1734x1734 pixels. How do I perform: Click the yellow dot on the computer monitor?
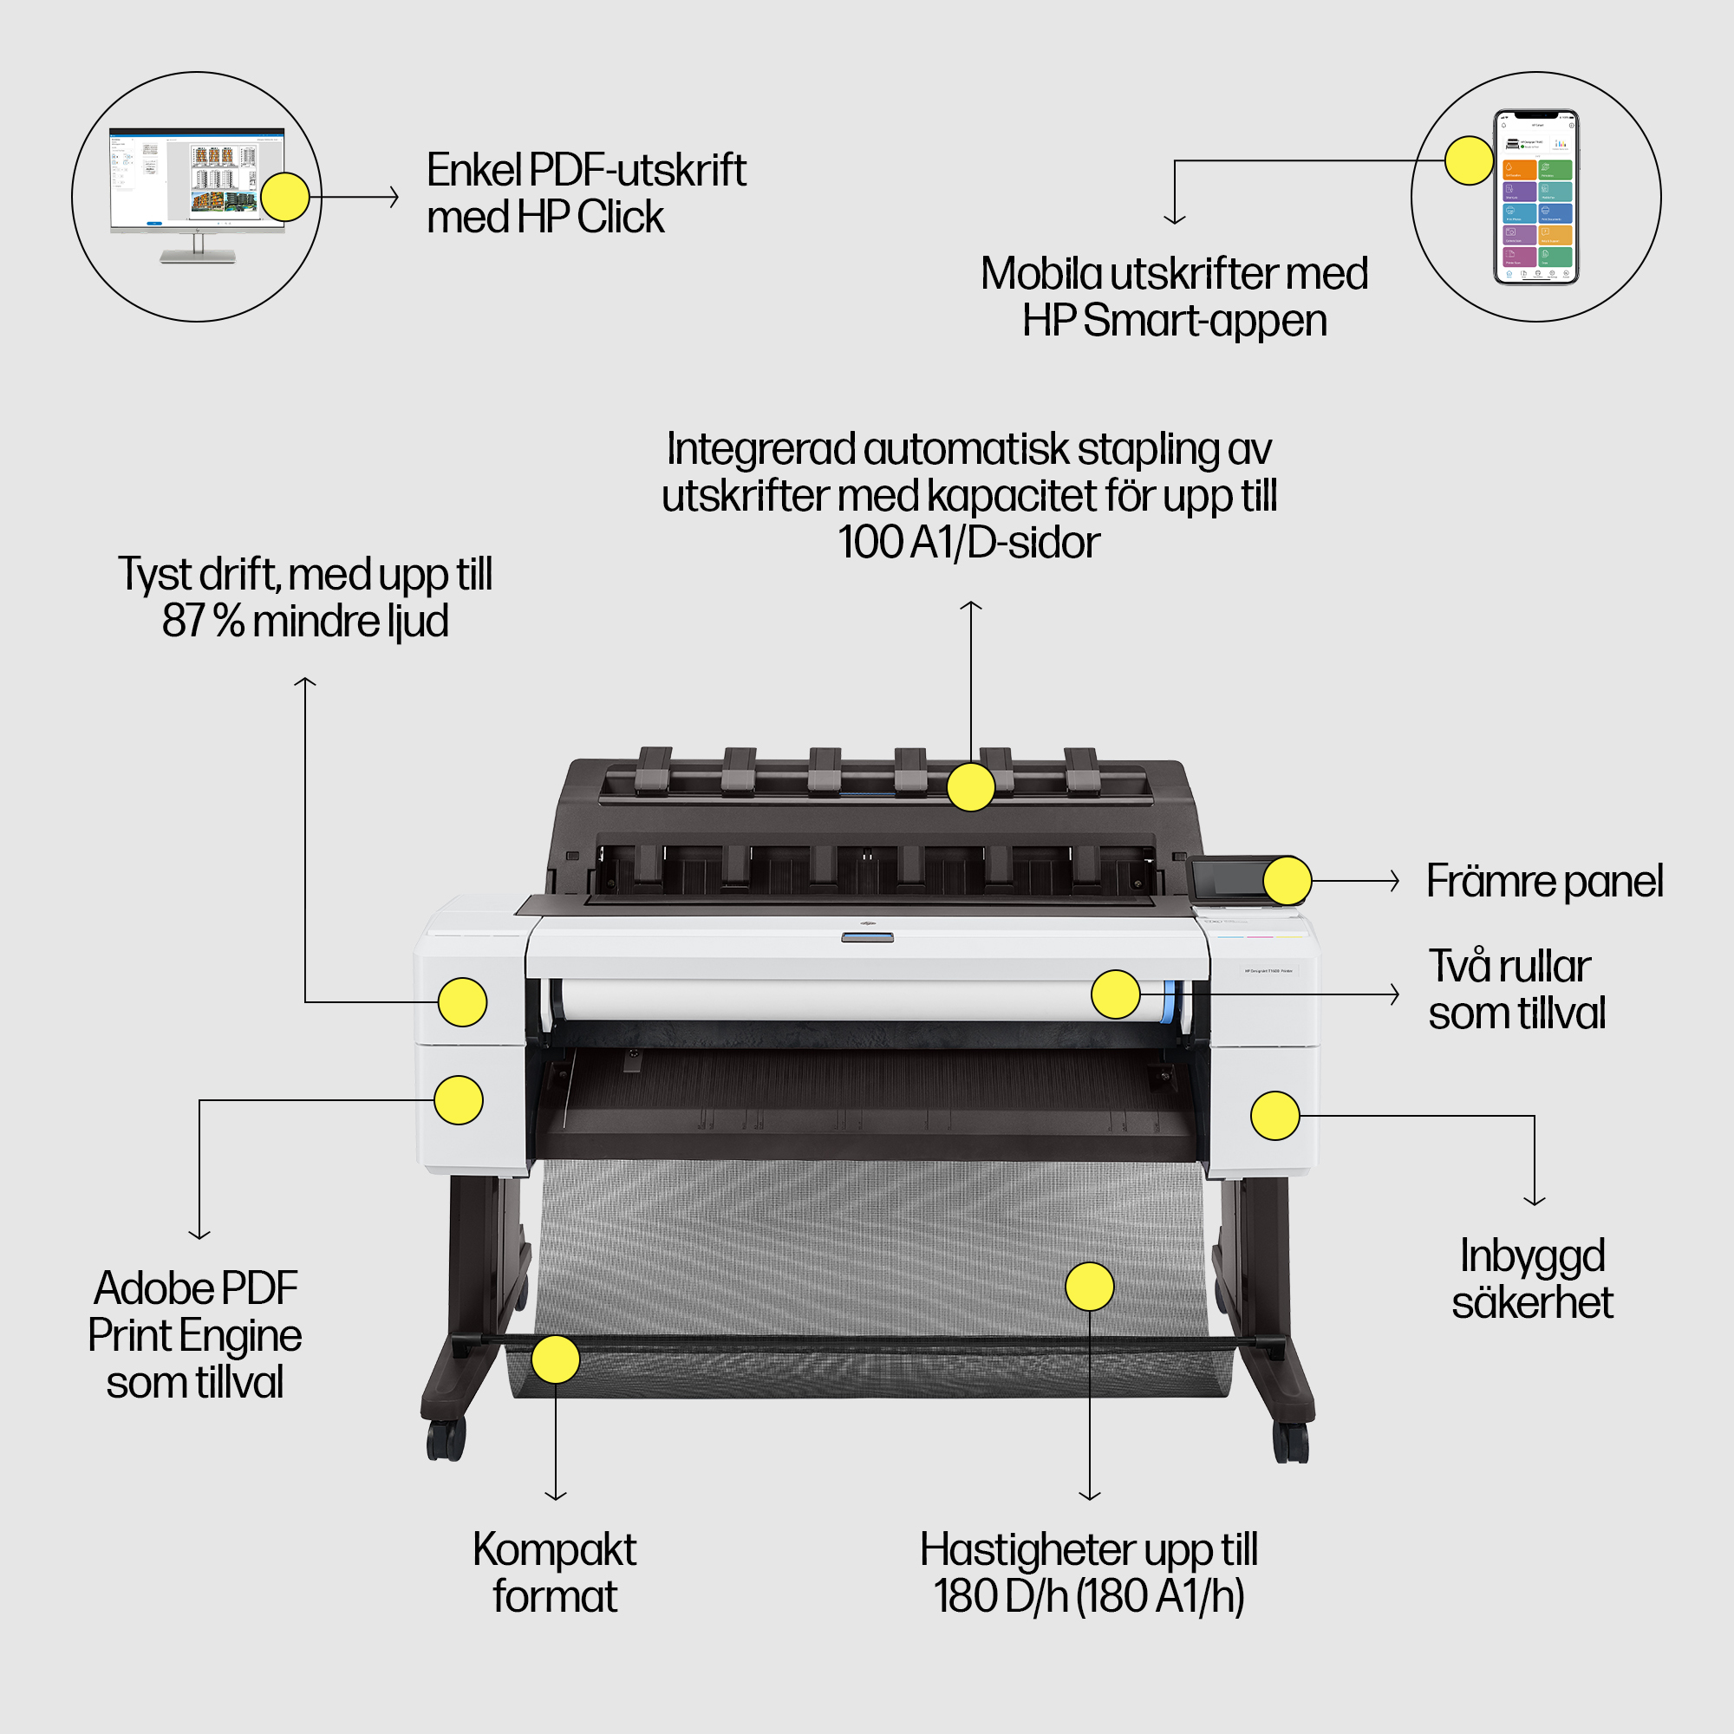[x=284, y=197]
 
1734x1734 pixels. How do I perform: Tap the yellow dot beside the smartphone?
[x=1469, y=160]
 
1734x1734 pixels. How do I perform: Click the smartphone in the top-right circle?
[x=1535, y=197]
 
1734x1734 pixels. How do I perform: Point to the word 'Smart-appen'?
[x=1204, y=322]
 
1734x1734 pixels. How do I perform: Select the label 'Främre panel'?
[x=1544, y=881]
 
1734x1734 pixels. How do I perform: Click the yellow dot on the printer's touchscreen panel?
[x=1287, y=881]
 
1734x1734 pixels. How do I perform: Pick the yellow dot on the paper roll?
[x=1115, y=994]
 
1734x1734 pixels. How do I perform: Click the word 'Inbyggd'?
[x=1532, y=1255]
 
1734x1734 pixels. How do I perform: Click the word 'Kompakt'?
[x=555, y=1549]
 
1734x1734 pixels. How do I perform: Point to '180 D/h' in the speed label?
[x=1000, y=1597]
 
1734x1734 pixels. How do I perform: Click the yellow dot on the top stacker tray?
[x=970, y=787]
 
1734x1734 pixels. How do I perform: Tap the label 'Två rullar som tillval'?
[x=1516, y=990]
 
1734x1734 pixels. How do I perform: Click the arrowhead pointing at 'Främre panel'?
[x=1394, y=881]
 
